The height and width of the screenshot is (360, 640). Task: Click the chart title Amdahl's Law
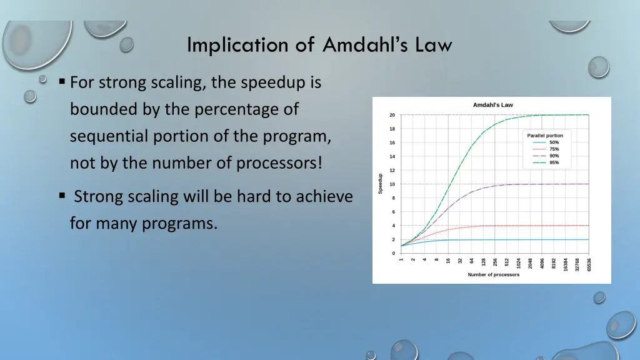tap(492, 105)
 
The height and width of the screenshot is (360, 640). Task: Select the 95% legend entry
tap(554, 162)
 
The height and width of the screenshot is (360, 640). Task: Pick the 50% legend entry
tap(554, 142)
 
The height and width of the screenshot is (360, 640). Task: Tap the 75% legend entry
tap(554, 149)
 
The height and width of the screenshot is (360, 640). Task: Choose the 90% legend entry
tap(554, 156)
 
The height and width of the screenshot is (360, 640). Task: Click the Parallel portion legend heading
tap(545, 136)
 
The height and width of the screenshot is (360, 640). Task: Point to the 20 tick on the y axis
tap(392, 115)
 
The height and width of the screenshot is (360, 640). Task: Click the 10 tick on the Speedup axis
tap(392, 184)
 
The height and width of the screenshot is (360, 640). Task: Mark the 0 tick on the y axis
tap(393, 254)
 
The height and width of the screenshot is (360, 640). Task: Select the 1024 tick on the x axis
tap(518, 263)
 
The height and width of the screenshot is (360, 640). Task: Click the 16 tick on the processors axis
tap(448, 261)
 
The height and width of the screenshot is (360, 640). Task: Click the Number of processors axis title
tap(493, 275)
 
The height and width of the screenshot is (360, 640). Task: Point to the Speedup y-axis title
tap(381, 184)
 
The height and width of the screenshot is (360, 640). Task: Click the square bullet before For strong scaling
tap(62, 82)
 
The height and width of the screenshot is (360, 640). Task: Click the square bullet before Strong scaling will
tap(62, 196)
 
